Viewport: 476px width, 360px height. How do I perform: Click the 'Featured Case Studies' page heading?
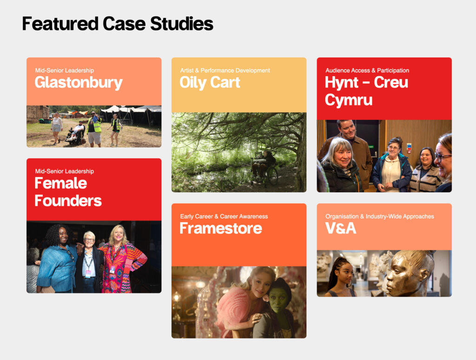point(118,24)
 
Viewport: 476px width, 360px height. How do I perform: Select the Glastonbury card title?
point(79,83)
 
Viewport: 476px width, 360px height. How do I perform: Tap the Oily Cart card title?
point(210,83)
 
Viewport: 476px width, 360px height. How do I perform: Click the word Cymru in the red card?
point(349,100)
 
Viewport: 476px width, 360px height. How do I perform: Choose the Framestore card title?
point(221,228)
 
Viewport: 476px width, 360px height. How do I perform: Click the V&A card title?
point(341,228)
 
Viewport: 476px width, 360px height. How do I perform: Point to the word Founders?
point(68,201)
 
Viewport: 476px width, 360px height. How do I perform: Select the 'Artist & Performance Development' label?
point(225,70)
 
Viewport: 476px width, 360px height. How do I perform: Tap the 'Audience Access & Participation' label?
point(367,70)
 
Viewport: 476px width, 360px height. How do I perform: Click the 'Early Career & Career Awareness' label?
point(224,216)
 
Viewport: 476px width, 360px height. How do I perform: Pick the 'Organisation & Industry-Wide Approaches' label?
point(380,216)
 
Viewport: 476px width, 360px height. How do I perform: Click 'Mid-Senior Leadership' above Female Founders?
point(65,171)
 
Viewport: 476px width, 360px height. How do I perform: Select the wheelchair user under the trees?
point(264,167)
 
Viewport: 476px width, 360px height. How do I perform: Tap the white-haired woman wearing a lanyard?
point(89,262)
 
